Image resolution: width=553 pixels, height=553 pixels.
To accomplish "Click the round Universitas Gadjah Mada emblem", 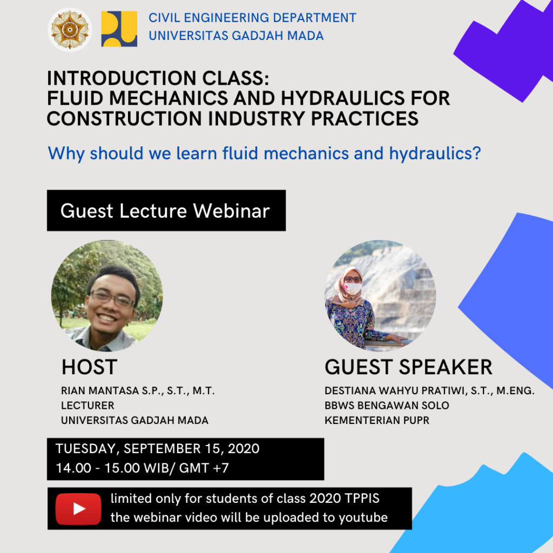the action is pyautogui.click(x=70, y=30).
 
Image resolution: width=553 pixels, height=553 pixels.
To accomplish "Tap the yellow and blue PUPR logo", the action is pyautogui.click(x=119, y=29).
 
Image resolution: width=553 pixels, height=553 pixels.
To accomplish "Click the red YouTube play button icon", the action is pyautogui.click(x=78, y=509).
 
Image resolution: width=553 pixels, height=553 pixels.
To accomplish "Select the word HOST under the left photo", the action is pyautogui.click(x=89, y=367).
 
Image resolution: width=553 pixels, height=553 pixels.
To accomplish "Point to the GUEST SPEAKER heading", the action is pyautogui.click(x=408, y=367).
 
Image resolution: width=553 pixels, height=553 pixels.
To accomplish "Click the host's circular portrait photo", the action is pyautogui.click(x=107, y=296).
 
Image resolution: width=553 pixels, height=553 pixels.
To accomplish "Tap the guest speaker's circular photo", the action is pyautogui.click(x=380, y=296).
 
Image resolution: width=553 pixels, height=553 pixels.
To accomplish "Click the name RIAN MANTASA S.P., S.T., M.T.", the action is pyautogui.click(x=138, y=391).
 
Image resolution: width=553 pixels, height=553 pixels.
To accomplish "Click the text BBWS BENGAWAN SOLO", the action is pyautogui.click(x=387, y=406).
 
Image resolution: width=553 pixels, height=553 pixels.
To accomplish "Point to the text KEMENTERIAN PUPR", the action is pyautogui.click(x=377, y=420).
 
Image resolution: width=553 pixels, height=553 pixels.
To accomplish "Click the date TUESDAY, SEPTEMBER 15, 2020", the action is pyautogui.click(x=157, y=449).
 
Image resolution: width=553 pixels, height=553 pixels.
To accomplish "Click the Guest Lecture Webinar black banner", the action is pyautogui.click(x=166, y=211).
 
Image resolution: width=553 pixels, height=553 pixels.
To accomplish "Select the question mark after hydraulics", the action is pyautogui.click(x=477, y=153).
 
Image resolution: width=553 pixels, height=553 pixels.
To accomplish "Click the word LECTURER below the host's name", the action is pyautogui.click(x=87, y=406).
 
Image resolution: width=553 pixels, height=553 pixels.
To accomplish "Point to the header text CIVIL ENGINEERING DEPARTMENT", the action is pyautogui.click(x=252, y=18).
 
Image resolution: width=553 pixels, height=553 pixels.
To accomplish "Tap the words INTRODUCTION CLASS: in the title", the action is pyautogui.click(x=158, y=78).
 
